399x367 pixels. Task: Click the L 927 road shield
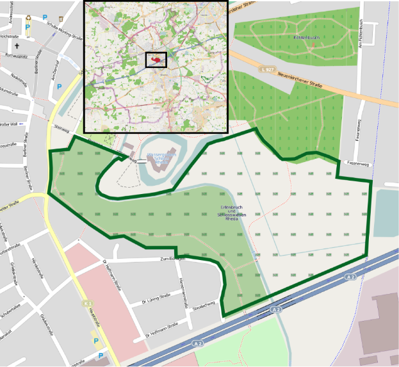268,69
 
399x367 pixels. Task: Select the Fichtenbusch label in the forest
305,38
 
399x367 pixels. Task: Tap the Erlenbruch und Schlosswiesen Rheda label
229,213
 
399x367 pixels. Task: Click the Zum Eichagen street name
172,258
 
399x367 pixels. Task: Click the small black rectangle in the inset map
156,60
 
